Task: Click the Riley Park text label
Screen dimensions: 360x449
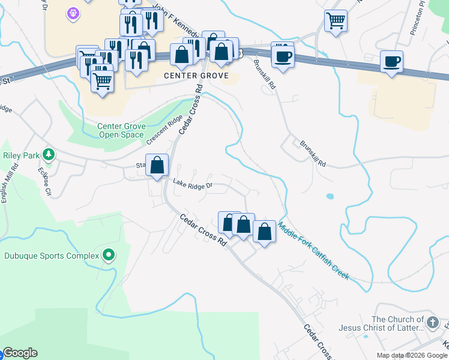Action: (x=21, y=155)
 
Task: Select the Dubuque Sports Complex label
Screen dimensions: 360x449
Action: (x=51, y=256)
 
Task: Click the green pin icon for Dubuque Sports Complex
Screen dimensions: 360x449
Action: (x=109, y=256)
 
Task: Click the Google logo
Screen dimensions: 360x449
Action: (x=20, y=353)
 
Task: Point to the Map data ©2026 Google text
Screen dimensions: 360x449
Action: (x=412, y=355)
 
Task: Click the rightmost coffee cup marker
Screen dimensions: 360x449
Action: (x=391, y=61)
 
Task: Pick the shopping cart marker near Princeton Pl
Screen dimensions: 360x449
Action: (x=336, y=20)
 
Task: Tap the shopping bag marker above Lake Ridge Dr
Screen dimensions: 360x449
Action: (x=157, y=165)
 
